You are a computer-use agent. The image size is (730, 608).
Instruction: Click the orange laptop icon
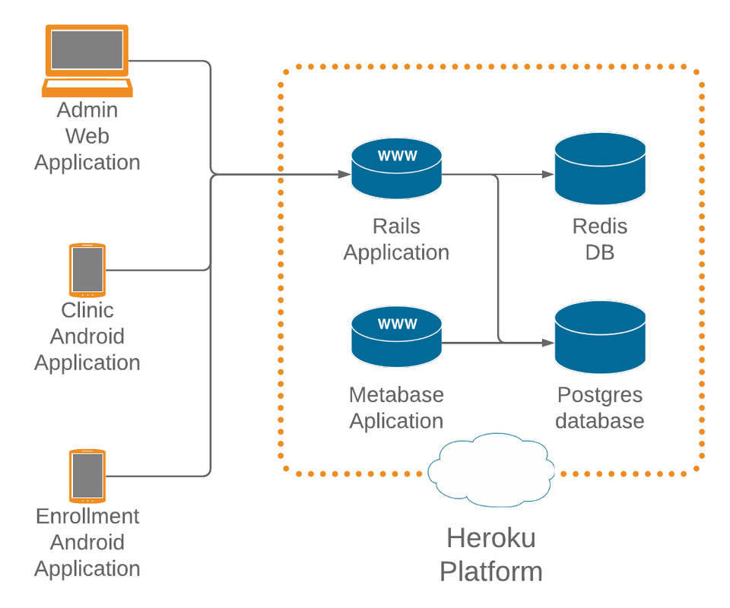87,61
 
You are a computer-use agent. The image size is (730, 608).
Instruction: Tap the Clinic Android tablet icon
87,270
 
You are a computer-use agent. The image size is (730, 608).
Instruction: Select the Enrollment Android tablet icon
87,476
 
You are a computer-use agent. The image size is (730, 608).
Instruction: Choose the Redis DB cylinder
600,169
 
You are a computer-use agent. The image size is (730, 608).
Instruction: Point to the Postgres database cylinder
600,337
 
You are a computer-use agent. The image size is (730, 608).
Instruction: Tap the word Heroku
491,538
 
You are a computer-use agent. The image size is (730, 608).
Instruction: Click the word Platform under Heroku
491,572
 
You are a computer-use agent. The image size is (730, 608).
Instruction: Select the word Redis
600,226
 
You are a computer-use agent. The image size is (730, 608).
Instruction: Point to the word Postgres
600,395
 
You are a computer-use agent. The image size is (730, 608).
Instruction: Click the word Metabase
396,395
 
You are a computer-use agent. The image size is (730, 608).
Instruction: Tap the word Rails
396,226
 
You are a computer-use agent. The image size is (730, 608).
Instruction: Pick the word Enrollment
87,517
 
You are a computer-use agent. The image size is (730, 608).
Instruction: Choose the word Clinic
87,310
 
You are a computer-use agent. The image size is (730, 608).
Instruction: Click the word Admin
87,110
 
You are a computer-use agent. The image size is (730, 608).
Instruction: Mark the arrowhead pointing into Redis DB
547,175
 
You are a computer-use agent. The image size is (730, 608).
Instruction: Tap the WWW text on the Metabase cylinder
397,324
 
